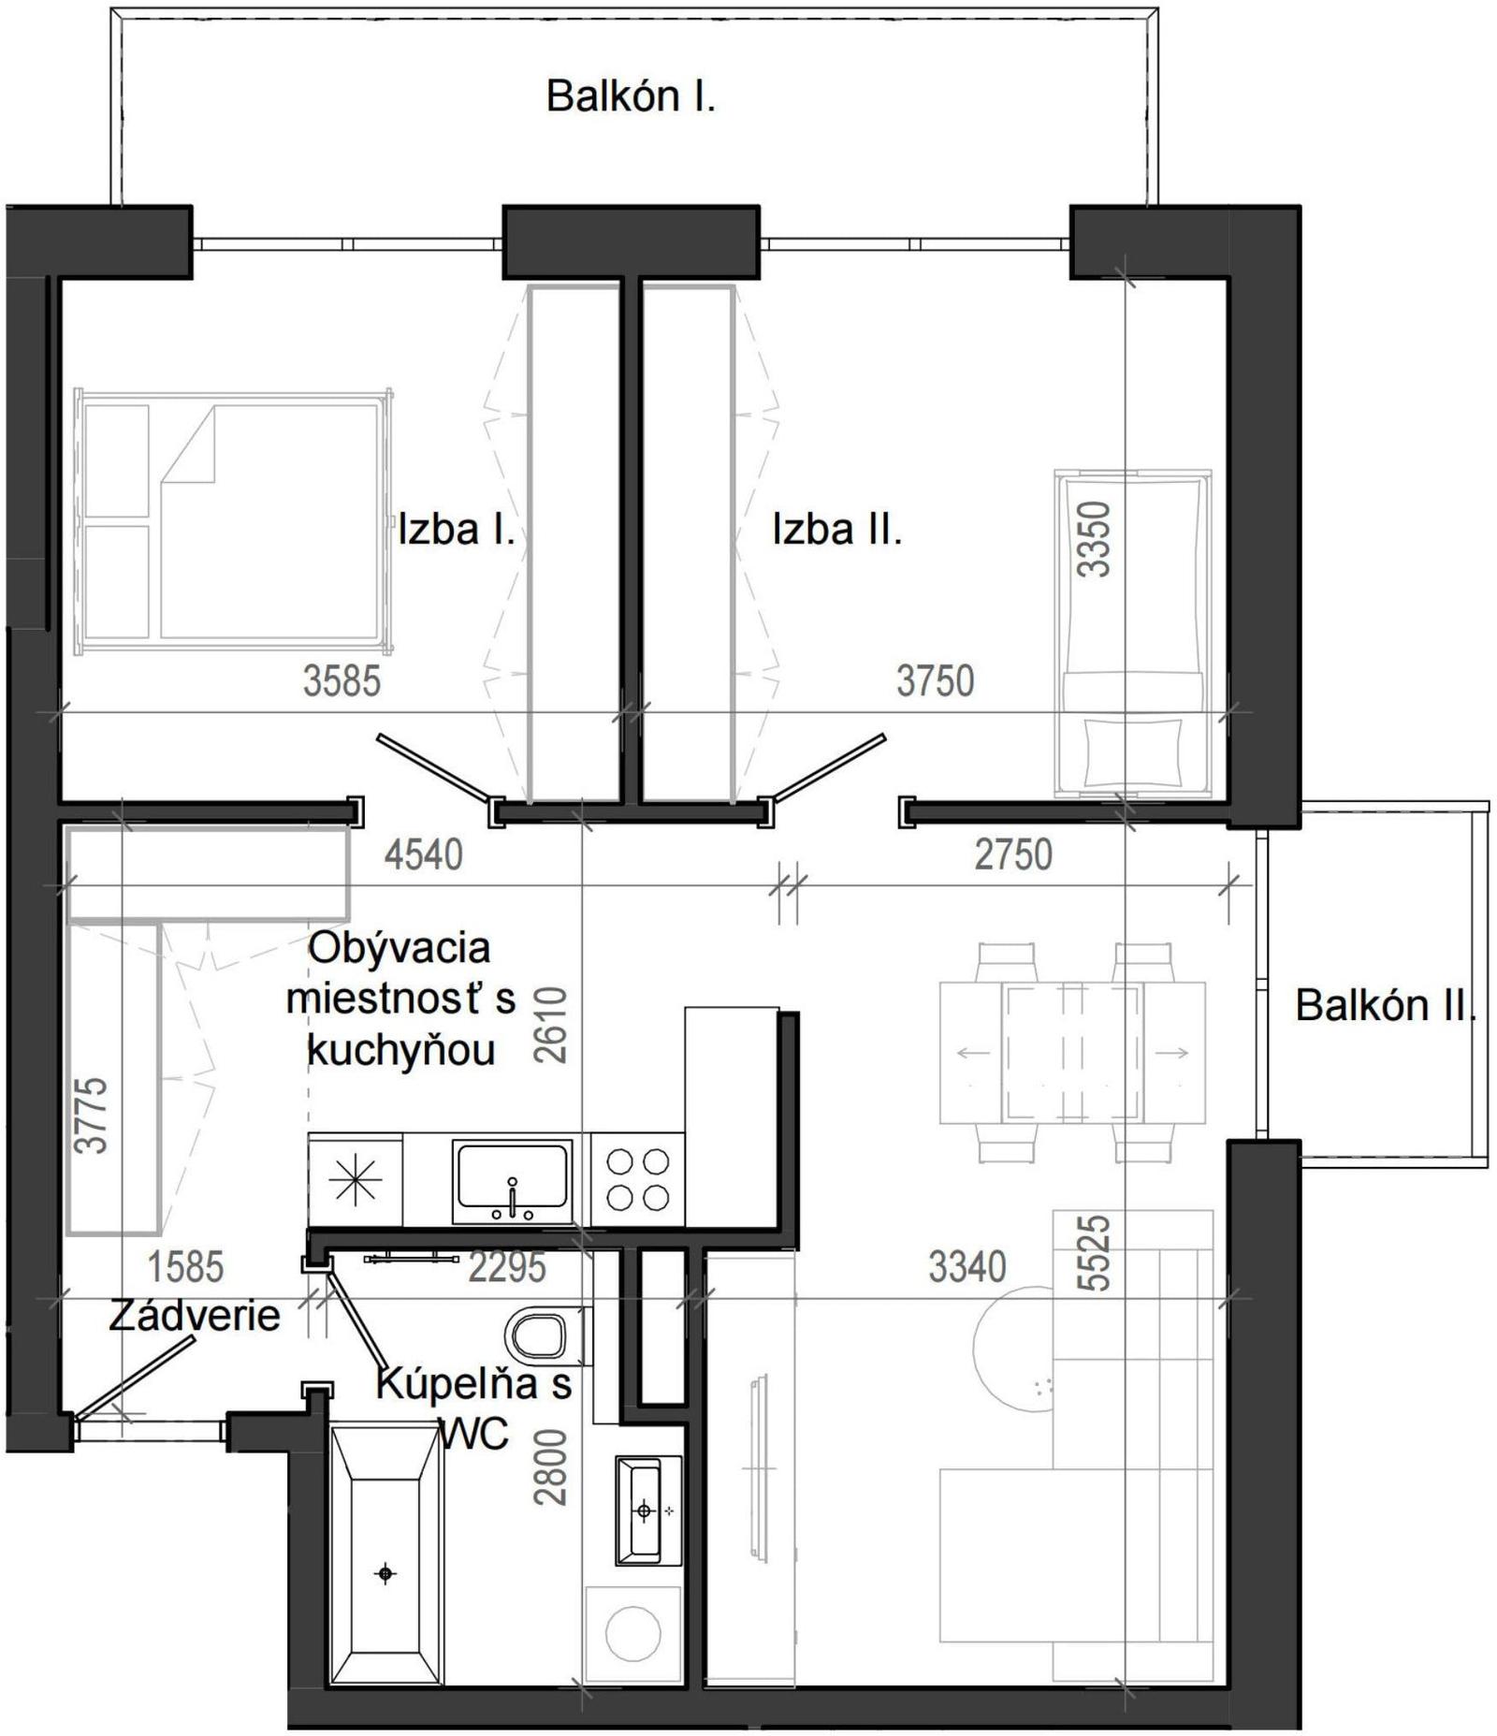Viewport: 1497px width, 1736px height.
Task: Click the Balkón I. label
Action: click(631, 96)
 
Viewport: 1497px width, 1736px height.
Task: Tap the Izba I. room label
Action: click(457, 530)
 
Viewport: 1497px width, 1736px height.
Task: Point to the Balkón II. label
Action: click(1385, 1005)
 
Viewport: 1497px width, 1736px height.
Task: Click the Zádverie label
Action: click(195, 1316)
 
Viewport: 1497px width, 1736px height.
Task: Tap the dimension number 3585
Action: click(342, 680)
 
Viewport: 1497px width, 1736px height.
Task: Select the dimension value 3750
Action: click(936, 680)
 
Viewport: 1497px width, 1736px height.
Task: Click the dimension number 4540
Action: click(424, 854)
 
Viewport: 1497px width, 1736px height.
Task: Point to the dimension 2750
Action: click(1013, 854)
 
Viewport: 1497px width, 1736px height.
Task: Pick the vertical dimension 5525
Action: click(1094, 1253)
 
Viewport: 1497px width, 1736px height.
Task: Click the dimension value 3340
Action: click(967, 1266)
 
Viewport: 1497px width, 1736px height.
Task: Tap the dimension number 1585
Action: click(186, 1267)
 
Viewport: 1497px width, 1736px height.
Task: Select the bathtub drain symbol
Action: click(385, 1574)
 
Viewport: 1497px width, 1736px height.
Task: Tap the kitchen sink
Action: click(512, 1181)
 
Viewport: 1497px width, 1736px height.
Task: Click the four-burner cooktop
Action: click(638, 1180)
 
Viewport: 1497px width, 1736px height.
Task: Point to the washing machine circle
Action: click(632, 1633)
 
